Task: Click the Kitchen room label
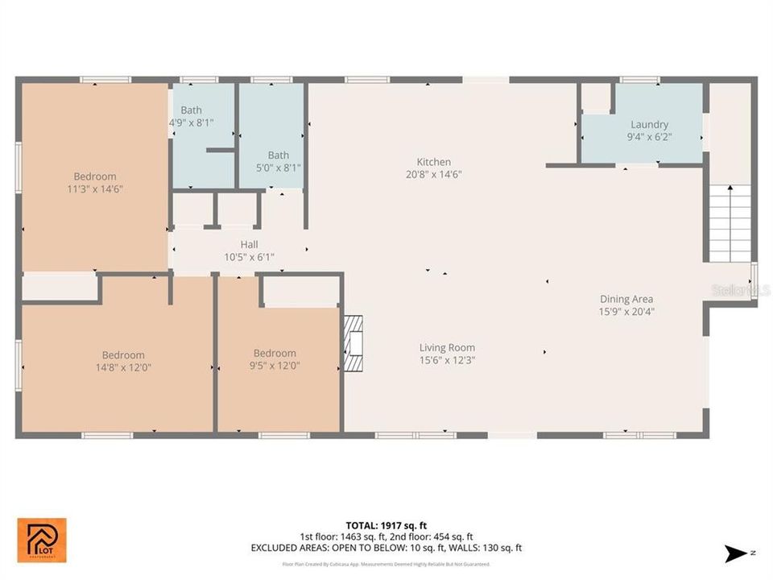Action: [433, 162]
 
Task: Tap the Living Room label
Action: [447, 348]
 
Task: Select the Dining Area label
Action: [626, 299]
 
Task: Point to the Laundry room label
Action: [649, 124]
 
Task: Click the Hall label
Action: [249, 245]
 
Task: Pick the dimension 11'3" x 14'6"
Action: [95, 188]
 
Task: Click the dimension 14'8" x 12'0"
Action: [123, 367]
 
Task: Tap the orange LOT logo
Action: [42, 541]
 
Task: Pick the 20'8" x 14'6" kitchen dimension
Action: [433, 174]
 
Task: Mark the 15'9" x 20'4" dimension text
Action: [626, 311]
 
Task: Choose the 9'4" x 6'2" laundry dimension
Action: [649, 136]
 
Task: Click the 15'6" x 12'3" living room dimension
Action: [447, 360]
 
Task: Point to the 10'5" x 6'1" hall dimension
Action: [249, 257]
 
